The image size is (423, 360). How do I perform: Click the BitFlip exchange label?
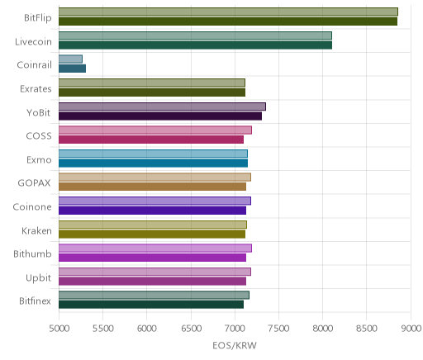click(38, 18)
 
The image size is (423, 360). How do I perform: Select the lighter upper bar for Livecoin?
click(195, 36)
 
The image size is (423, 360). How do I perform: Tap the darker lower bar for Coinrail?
click(72, 69)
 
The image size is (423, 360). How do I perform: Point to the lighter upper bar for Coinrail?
click(70, 59)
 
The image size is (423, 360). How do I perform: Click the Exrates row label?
click(36, 89)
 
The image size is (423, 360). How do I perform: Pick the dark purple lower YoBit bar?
click(160, 116)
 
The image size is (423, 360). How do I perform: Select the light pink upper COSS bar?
click(155, 130)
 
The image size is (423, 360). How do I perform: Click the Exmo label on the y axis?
click(39, 160)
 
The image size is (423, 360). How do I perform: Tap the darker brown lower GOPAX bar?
click(152, 187)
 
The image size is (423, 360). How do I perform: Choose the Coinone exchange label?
click(32, 207)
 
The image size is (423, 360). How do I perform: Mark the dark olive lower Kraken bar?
click(152, 234)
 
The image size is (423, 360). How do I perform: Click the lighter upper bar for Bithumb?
click(155, 249)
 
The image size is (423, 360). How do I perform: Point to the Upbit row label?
click(39, 278)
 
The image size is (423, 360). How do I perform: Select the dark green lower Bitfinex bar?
click(151, 305)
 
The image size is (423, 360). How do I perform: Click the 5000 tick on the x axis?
click(59, 329)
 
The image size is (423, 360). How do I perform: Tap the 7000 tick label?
click(235, 329)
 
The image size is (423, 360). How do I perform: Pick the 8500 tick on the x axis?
click(367, 329)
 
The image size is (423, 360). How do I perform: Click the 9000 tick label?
click(411, 329)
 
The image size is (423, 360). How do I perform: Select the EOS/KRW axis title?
click(235, 345)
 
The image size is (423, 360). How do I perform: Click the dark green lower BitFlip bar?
click(228, 21)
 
